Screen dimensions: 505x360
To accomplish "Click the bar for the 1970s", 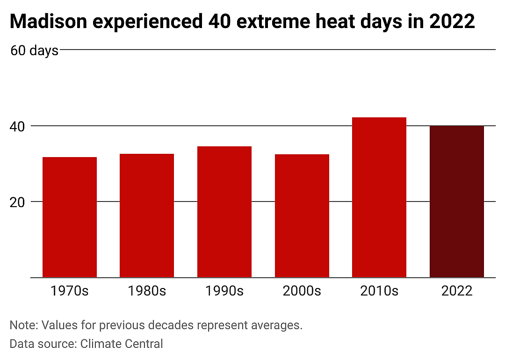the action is click(70, 217).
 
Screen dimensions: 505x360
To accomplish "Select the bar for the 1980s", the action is click(147, 216).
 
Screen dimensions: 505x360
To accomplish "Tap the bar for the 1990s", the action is click(224, 212).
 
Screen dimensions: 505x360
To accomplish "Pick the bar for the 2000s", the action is click(302, 216).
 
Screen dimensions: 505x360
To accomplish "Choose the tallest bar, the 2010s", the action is click(379, 197).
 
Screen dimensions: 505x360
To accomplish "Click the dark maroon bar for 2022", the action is click(457, 202).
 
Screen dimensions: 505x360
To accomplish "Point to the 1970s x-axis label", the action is click(70, 291).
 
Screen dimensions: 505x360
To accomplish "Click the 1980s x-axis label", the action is click(147, 291).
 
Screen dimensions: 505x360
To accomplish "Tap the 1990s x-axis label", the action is click(224, 291).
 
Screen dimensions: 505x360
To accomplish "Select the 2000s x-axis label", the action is click(302, 291).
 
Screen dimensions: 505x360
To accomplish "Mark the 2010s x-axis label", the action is click(379, 291).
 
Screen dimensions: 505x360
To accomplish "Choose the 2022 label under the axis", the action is click(457, 291).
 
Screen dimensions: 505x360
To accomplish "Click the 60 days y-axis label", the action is click(35, 51).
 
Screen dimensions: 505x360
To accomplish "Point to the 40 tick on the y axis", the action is click(17, 127).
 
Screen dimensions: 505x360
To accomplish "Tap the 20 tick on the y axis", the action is click(17, 202).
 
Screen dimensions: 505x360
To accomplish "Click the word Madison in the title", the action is click(49, 22).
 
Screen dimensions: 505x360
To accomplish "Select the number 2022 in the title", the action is click(452, 22).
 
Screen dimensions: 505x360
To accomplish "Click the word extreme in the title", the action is click(273, 22).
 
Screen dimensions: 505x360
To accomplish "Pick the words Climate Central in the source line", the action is click(122, 344).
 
